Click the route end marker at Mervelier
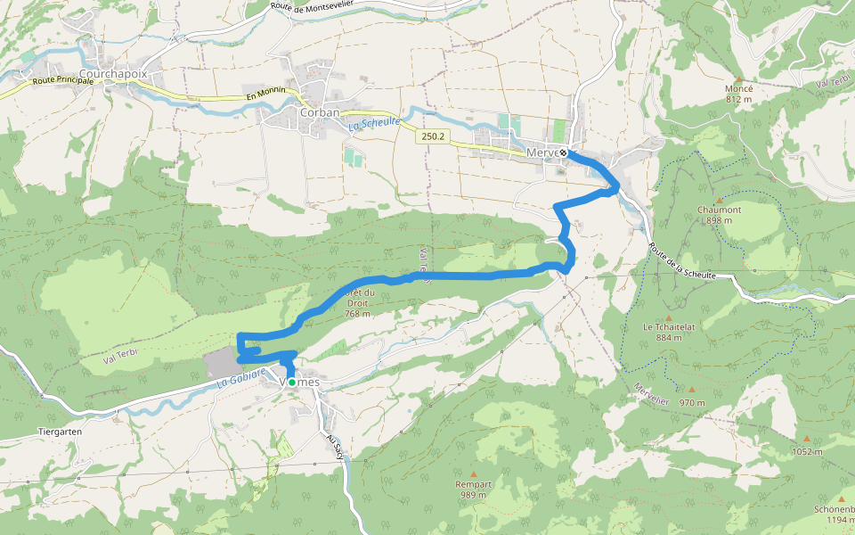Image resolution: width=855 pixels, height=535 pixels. click(x=563, y=152)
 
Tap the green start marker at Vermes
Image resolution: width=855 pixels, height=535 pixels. click(x=291, y=382)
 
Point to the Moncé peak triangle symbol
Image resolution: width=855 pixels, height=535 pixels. click(x=738, y=78)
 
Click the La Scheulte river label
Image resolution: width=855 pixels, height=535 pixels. click(x=374, y=125)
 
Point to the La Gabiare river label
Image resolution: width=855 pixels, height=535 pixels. click(x=242, y=378)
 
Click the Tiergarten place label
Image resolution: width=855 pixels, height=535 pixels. click(x=61, y=431)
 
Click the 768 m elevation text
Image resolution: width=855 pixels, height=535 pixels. click(x=356, y=314)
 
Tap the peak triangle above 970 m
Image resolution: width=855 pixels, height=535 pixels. click(x=691, y=389)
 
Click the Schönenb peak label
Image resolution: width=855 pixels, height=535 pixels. click(x=835, y=509)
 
